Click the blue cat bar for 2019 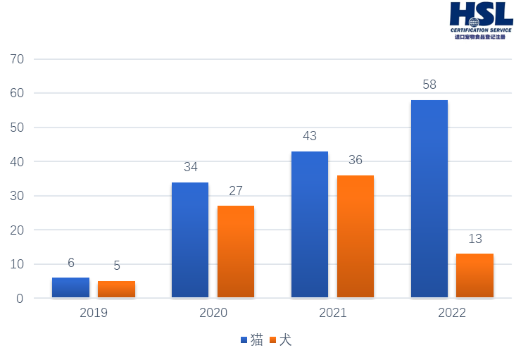[x=70, y=287]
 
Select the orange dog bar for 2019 [x=116, y=289]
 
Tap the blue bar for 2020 [x=190, y=240]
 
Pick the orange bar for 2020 [x=236, y=252]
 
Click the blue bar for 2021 [x=310, y=224]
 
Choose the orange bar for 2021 [x=356, y=236]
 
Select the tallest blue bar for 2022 [x=429, y=199]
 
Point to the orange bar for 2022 [x=475, y=275]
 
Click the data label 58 [x=429, y=85]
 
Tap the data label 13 [x=475, y=239]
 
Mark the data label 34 [x=191, y=167]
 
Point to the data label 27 [x=236, y=190]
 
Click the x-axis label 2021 [x=332, y=313]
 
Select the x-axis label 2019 [x=94, y=313]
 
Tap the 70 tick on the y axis [x=18, y=58]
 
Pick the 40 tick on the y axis [x=18, y=161]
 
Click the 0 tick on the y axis [x=20, y=298]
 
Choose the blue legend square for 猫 [x=244, y=340]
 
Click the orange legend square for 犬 [x=273, y=340]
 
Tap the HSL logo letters [x=482, y=14]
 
